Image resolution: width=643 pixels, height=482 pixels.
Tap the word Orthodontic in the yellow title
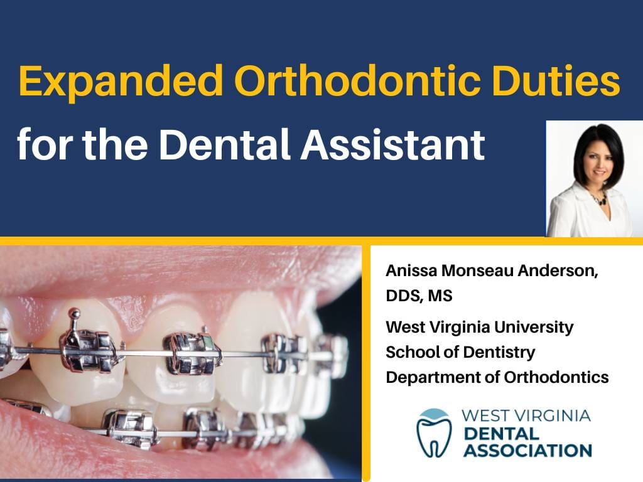[x=357, y=80]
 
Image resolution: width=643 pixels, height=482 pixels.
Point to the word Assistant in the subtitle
[x=393, y=144]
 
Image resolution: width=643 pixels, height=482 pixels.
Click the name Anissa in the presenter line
[x=411, y=271]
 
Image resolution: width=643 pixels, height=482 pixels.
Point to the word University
[x=534, y=328]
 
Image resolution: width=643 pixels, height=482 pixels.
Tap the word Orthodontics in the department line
[x=556, y=377]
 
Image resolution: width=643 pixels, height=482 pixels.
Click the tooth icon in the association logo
[x=434, y=433]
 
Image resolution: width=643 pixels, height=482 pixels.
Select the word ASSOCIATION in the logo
[x=527, y=451]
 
